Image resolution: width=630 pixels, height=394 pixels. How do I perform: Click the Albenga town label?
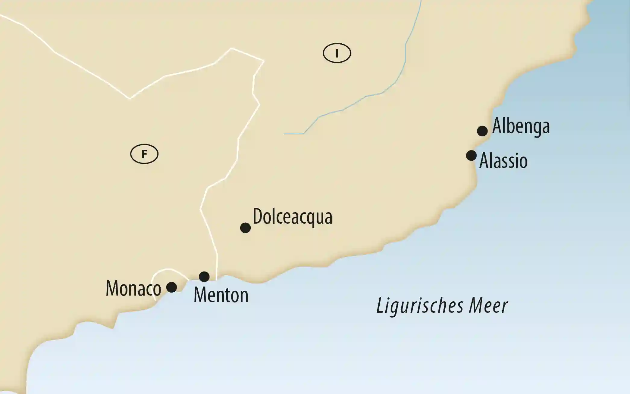pos(521,126)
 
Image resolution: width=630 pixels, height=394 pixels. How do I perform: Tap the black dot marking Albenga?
pos(482,131)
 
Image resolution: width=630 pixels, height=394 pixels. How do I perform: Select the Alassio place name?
pos(503,161)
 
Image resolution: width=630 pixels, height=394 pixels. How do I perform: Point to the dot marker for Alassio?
pos(471,156)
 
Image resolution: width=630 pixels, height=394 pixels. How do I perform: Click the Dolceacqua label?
pos(292,216)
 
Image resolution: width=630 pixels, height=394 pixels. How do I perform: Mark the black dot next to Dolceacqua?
pos(245,228)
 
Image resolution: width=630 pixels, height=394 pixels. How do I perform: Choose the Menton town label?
pos(221,295)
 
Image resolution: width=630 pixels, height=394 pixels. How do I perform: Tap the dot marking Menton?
pos(204,277)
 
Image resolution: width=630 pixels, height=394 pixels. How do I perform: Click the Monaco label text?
pos(133,288)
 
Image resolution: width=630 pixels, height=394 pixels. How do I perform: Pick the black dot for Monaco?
pos(171,287)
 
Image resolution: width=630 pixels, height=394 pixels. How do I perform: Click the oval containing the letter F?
pos(144,154)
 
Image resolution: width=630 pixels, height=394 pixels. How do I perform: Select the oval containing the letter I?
pos(337,53)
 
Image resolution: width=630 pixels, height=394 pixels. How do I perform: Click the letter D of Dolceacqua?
pos(257,216)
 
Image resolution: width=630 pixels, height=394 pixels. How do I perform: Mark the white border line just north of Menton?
pos(217,262)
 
